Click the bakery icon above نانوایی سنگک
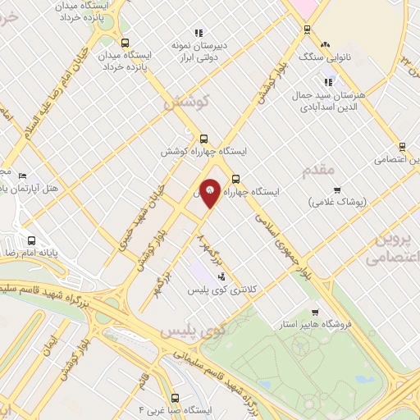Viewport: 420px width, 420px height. coord(326,44)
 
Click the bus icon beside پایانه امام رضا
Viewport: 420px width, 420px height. coord(31,241)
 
